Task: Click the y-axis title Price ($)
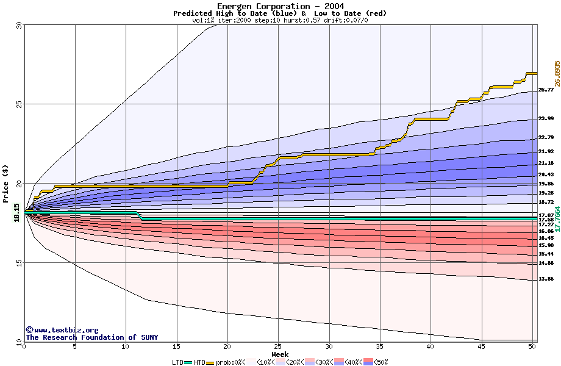6,184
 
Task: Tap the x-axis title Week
280,354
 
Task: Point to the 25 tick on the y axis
19,104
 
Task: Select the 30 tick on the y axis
19,26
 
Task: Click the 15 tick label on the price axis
19,263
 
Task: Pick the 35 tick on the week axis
379,346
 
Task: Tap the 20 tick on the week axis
227,346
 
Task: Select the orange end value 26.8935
557,73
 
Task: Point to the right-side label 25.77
546,90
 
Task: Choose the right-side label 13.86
546,279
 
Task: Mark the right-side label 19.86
546,184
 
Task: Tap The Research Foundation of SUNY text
91,337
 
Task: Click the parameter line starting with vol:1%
280,20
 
